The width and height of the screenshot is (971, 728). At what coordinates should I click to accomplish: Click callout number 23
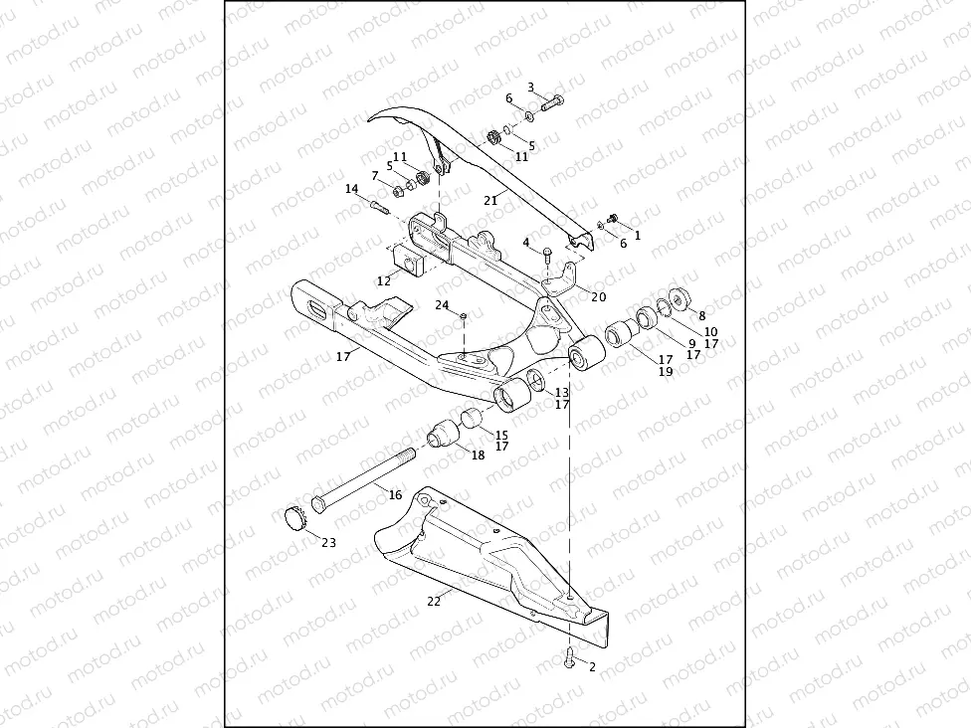click(328, 543)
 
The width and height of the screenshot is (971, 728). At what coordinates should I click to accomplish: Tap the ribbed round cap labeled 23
click(293, 518)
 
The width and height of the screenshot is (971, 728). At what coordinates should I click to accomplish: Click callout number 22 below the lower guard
click(434, 601)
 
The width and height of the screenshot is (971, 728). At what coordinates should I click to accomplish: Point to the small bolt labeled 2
click(568, 657)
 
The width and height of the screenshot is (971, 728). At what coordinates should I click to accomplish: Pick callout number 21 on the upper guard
click(489, 200)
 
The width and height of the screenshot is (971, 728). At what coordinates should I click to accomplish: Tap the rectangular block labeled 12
click(409, 260)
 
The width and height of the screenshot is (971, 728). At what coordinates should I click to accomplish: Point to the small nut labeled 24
click(464, 316)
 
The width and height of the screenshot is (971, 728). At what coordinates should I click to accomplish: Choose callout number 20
click(598, 295)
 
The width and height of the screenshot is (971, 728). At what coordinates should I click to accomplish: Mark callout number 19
click(665, 371)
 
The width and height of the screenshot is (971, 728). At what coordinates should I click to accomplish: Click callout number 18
click(478, 455)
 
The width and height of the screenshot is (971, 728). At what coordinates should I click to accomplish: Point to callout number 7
click(374, 175)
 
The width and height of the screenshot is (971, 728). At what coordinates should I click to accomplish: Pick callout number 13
click(562, 393)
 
